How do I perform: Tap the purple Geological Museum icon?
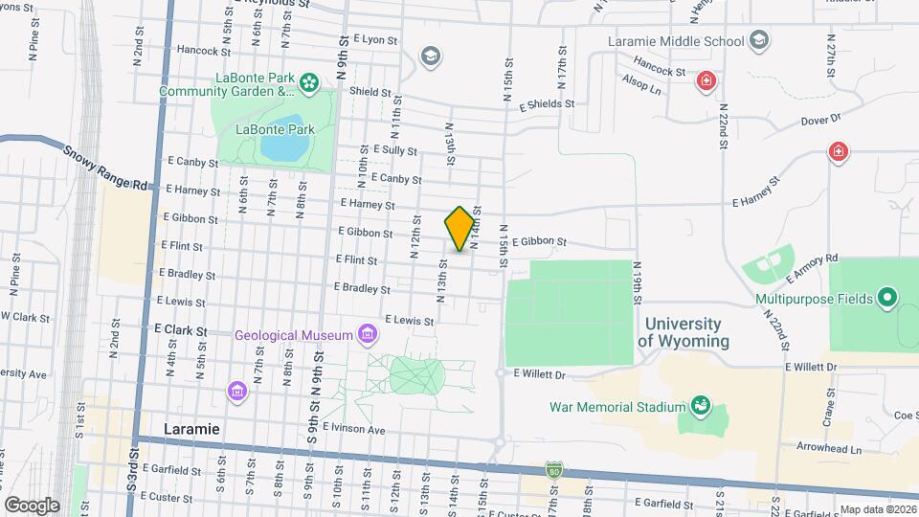(x=366, y=334)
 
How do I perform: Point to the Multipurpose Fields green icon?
(x=886, y=299)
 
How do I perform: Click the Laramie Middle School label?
(x=676, y=41)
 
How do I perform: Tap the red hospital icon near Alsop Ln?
(x=706, y=80)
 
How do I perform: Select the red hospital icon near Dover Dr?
(x=839, y=151)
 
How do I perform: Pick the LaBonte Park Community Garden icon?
(x=308, y=84)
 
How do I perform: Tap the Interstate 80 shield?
(x=554, y=470)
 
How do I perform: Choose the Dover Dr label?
(x=819, y=120)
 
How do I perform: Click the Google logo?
(x=31, y=506)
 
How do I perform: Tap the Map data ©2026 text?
(x=878, y=509)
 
